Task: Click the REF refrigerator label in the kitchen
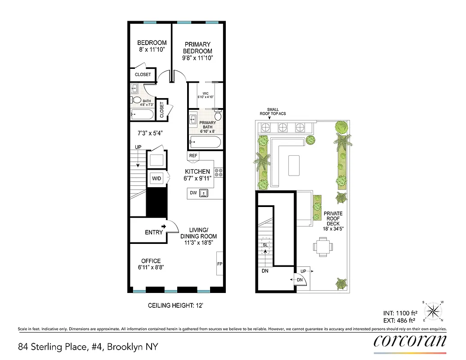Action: [x=193, y=156]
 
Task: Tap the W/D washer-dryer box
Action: [x=157, y=178]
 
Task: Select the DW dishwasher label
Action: [x=193, y=193]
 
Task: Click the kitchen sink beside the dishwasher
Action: [x=204, y=193]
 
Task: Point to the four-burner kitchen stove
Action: [x=218, y=171]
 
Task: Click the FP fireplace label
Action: [x=220, y=264]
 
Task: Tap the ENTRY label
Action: [x=153, y=232]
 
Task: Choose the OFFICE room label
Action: [x=151, y=261]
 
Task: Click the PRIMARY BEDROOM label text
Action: [x=198, y=48]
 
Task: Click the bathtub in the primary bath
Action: [x=205, y=143]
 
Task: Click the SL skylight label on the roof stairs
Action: [x=265, y=245]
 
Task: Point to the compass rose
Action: [x=432, y=310]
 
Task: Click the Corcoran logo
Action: [x=410, y=342]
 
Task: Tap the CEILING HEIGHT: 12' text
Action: [x=176, y=306]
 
